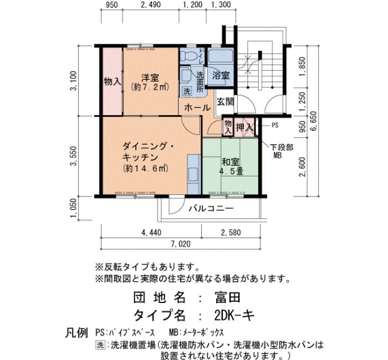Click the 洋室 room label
[150, 78]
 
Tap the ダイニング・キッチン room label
[149, 152]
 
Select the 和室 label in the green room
[231, 162]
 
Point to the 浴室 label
[221, 75]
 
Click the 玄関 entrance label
[226, 101]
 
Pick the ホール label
[197, 107]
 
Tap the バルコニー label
[211, 208]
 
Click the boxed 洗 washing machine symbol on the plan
[187, 91]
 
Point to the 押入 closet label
[244, 127]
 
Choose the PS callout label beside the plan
[275, 125]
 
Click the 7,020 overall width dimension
[181, 244]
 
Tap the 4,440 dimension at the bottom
[151, 233]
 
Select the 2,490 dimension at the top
[151, 4]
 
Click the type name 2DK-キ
[234, 315]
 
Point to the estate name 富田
[227, 297]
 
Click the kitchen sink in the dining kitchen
[193, 175]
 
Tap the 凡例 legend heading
[76, 332]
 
